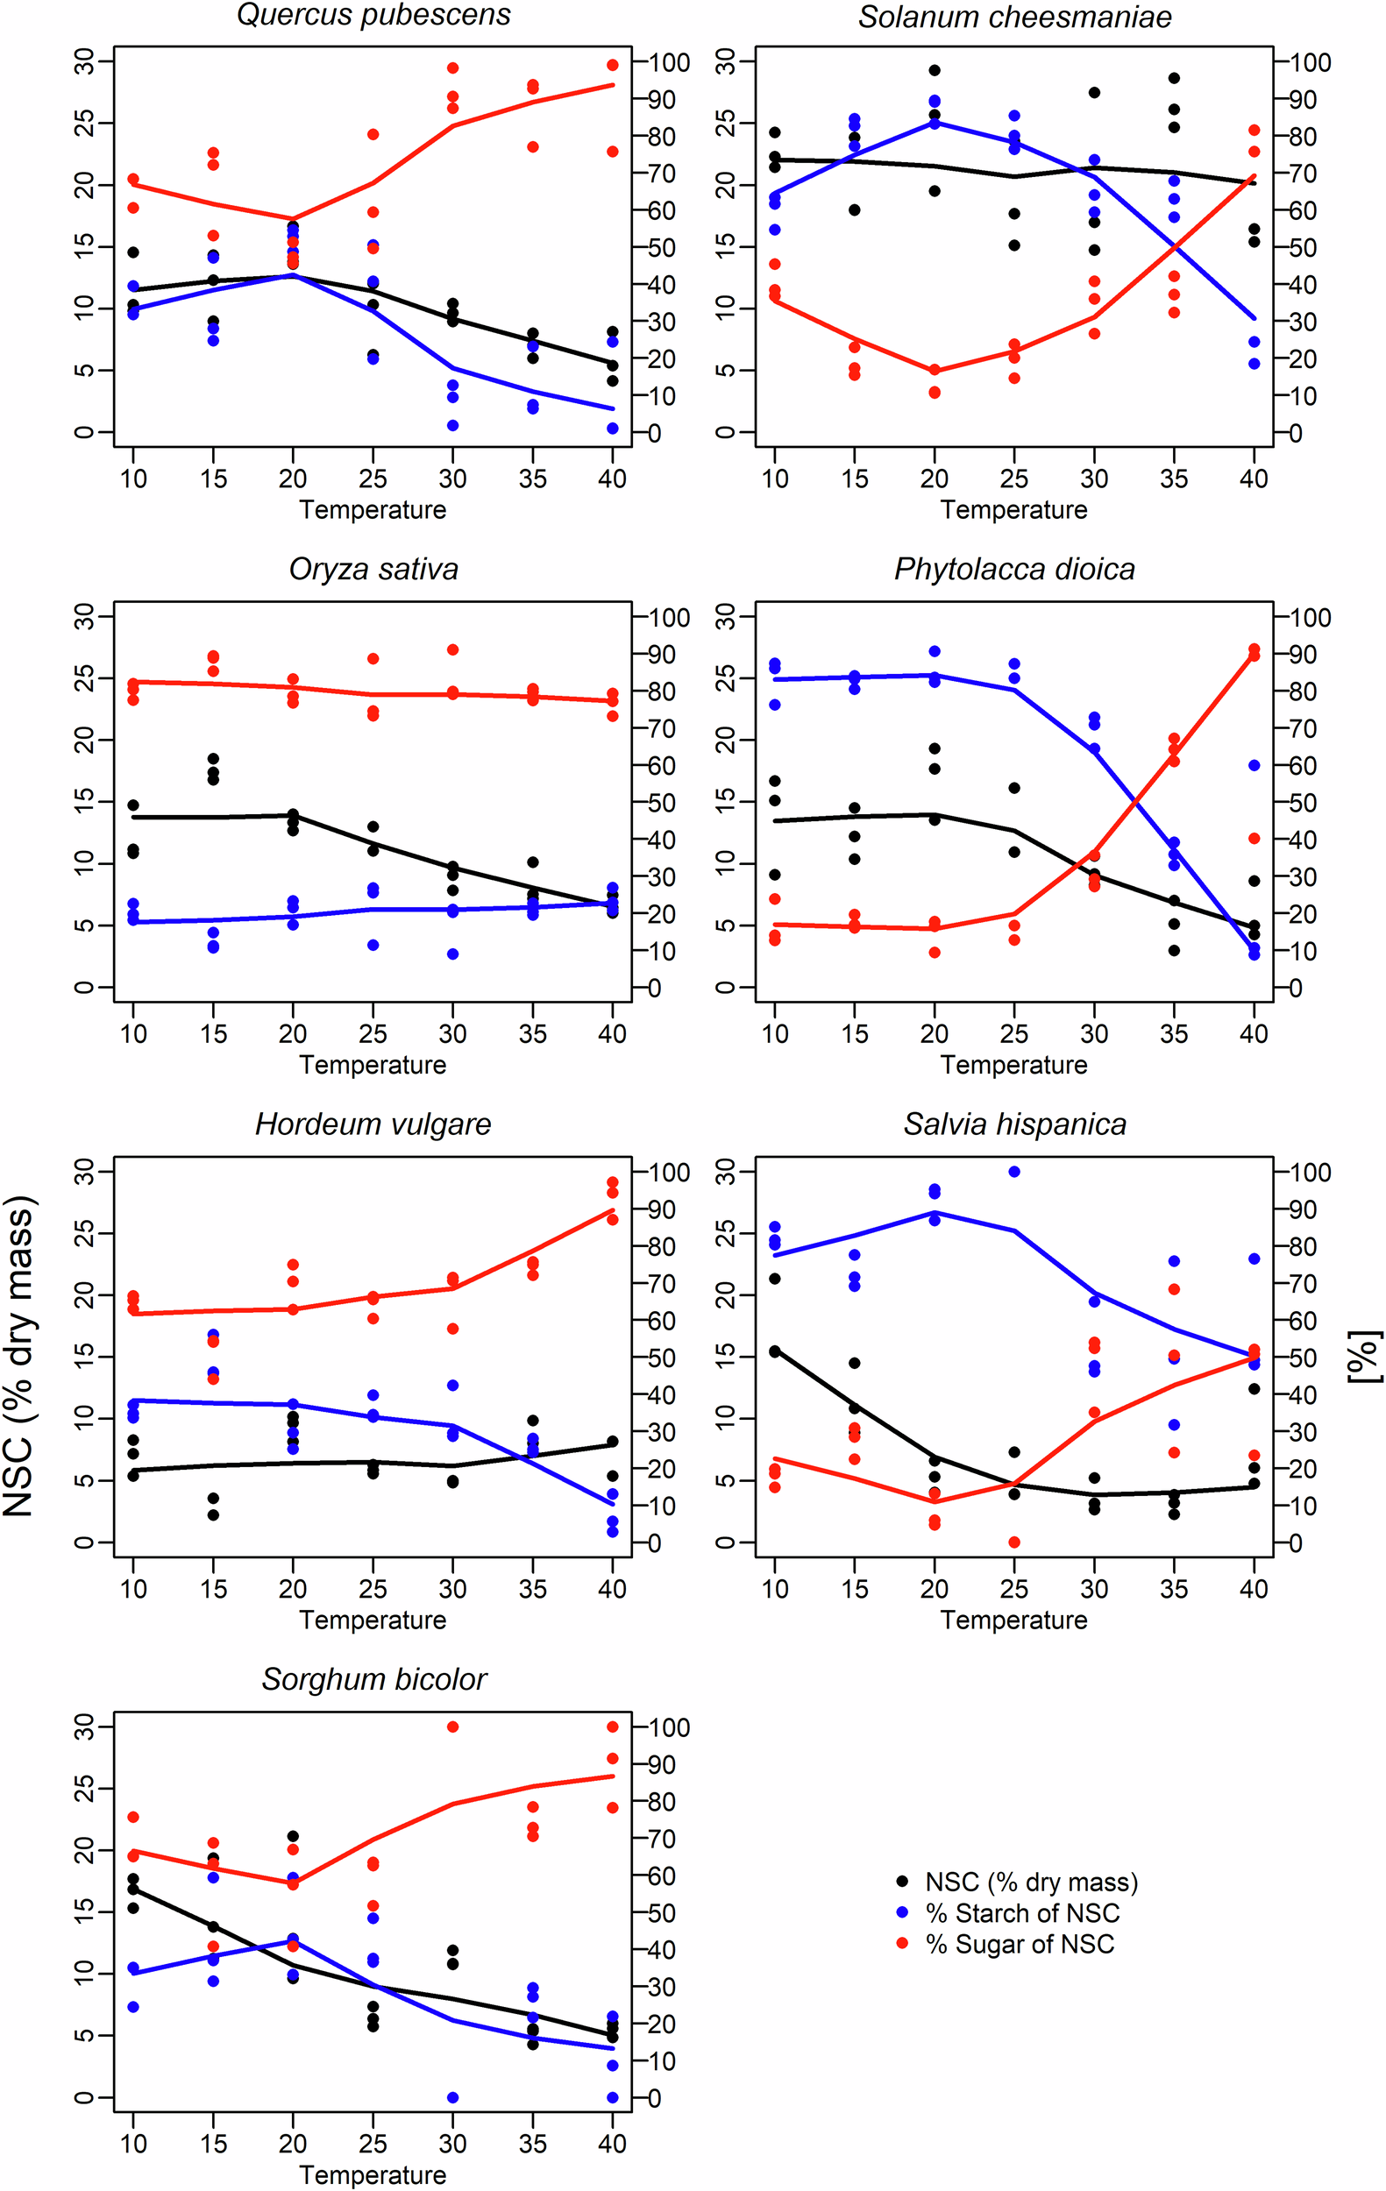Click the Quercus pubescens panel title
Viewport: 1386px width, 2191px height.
[373, 16]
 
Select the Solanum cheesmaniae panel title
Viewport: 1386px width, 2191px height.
[1013, 18]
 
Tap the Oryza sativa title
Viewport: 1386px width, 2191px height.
[373, 570]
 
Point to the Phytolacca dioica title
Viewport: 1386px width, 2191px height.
[1013, 570]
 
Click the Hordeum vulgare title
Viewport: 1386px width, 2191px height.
[373, 1124]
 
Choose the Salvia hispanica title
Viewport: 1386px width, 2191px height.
[1013, 1124]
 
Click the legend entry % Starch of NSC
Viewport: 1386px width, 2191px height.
[1021, 1912]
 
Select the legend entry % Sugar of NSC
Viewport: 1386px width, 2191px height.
[1020, 1944]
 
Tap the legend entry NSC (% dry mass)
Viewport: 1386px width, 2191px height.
[1030, 1882]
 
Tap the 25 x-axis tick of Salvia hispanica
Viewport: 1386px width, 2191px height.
[1013, 1590]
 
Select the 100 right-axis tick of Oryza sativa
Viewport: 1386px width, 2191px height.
[668, 618]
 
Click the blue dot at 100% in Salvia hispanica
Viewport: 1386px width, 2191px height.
[1013, 1172]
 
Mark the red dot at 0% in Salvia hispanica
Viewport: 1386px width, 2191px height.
[1013, 1542]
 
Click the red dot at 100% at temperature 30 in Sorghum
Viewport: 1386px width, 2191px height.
[452, 1727]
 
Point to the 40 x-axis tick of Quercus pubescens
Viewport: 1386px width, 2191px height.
[612, 479]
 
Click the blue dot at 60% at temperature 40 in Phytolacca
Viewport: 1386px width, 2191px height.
[1254, 766]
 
